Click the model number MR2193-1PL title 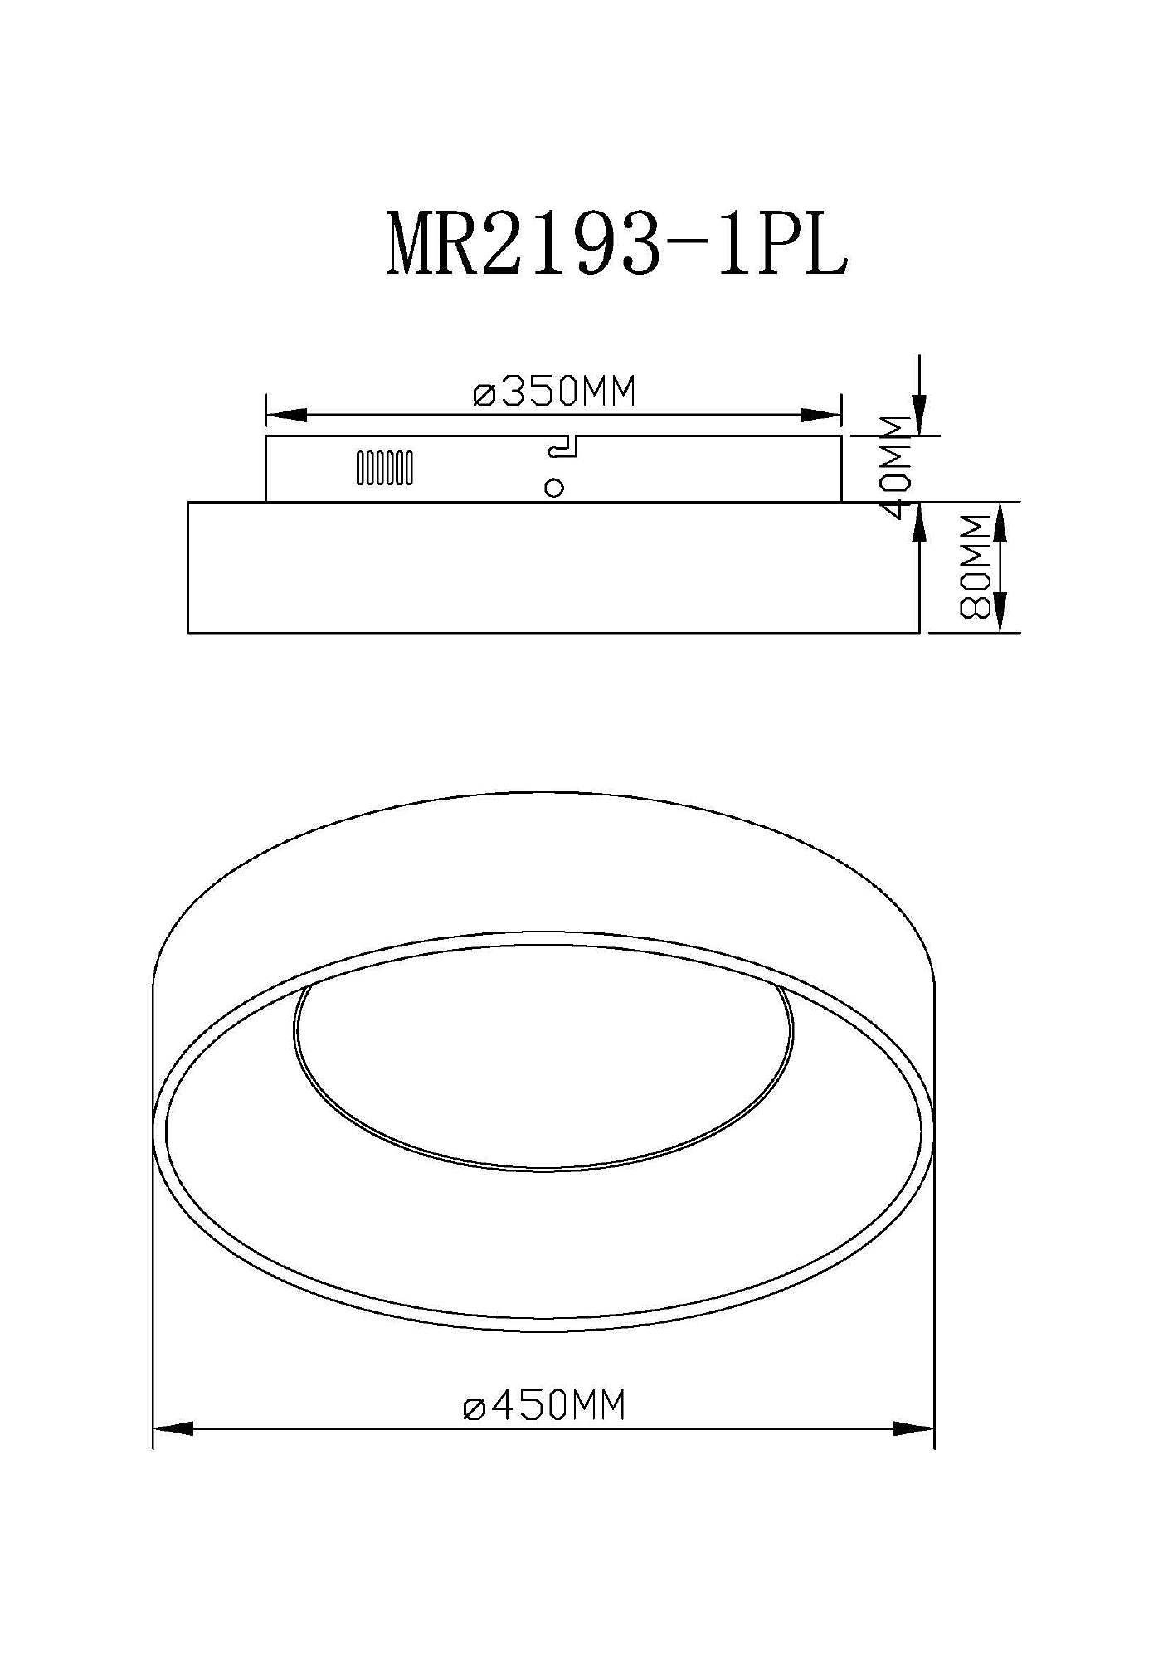coord(618,244)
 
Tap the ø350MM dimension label coord(554,392)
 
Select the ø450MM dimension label coord(544,1404)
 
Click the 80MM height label coord(976,567)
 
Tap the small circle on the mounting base coord(554,488)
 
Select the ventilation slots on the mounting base coord(385,468)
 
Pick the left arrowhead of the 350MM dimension coord(286,415)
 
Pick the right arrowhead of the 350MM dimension coord(821,415)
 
